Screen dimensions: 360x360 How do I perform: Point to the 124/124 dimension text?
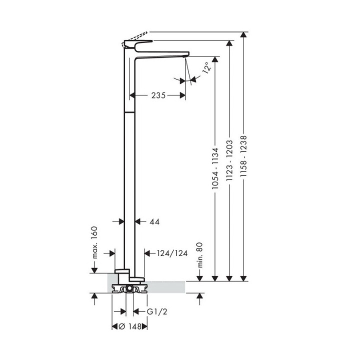171,253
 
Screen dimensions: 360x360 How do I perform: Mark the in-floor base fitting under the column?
128,288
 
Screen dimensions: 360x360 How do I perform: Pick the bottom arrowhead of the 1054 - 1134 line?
214,277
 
